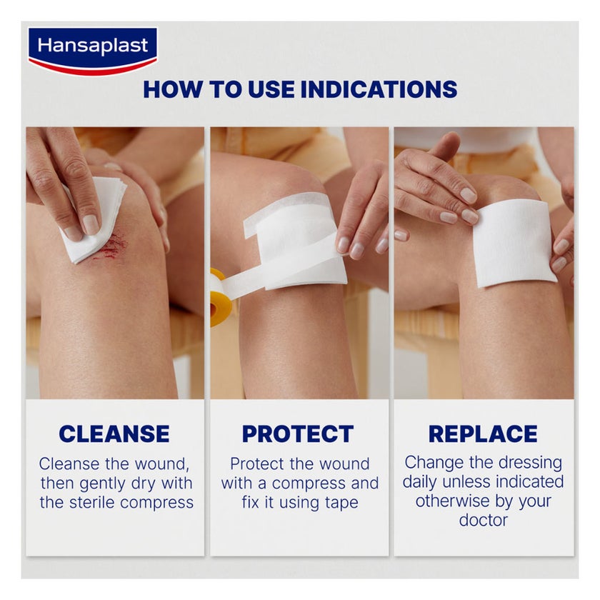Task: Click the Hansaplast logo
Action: point(92,50)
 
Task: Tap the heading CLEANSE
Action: point(114,434)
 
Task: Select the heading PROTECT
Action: point(297,434)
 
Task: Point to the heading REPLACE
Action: point(483,434)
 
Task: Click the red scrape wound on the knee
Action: point(114,246)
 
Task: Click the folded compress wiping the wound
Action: point(93,218)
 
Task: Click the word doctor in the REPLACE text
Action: point(483,520)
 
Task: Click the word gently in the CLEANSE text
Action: point(122,483)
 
